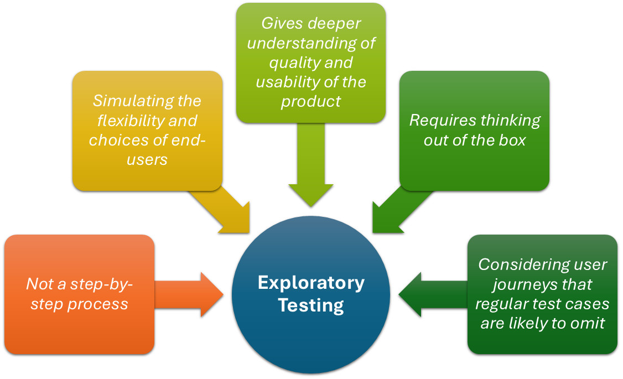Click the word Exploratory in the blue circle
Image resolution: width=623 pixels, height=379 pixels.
tap(311, 283)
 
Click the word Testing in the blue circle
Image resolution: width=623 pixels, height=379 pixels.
tap(311, 305)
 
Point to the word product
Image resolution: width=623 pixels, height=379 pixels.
tap(310, 101)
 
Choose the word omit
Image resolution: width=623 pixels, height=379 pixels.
tap(590, 323)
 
